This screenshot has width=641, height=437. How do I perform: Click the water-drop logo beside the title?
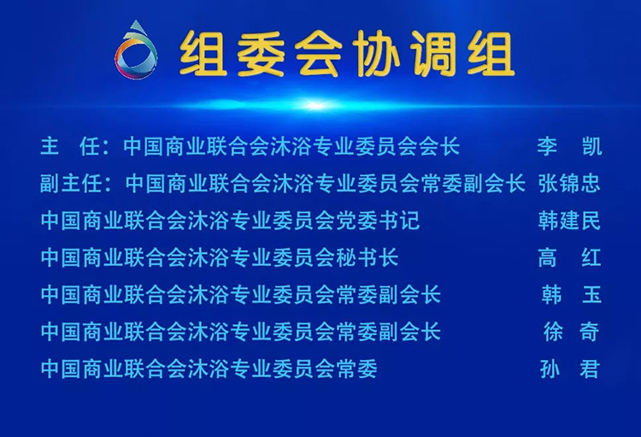[136, 50]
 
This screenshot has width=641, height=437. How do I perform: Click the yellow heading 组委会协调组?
[347, 54]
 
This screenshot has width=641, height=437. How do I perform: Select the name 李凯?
[569, 146]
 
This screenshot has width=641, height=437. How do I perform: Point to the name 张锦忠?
[569, 183]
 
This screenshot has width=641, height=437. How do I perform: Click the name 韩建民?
[569, 221]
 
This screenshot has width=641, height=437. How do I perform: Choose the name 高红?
[569, 257]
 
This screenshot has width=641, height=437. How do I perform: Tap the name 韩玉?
[571, 294]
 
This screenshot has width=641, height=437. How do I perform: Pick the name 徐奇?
[571, 332]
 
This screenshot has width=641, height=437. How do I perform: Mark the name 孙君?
[570, 369]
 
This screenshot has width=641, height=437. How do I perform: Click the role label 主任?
[70, 146]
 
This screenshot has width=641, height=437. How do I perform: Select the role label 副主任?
[71, 183]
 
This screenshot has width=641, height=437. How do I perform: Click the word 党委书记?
[378, 221]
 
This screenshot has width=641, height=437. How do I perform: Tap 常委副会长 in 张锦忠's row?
[473, 183]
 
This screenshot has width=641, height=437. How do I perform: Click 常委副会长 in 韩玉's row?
[388, 294]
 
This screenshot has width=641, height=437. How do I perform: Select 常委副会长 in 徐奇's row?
[388, 332]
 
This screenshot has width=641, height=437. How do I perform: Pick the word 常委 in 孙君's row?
[356, 369]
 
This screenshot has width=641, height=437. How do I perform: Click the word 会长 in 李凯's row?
[439, 146]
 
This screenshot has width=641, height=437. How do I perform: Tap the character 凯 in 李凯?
[592, 146]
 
